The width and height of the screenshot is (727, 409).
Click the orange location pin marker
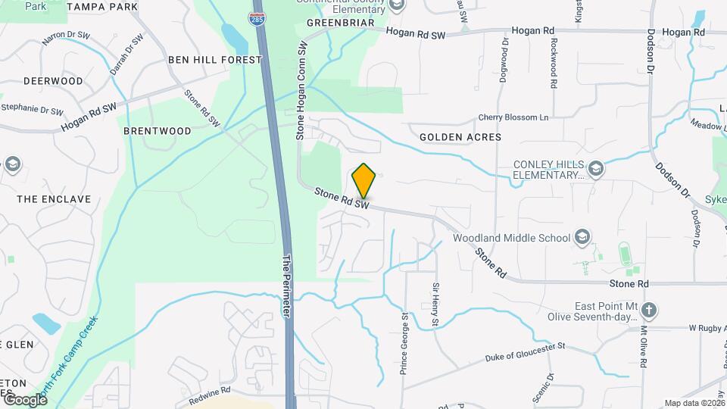364,181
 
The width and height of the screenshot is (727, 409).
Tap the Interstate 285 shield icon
257,19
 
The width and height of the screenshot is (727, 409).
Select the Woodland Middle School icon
582,238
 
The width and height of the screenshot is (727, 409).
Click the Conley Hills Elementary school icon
596,168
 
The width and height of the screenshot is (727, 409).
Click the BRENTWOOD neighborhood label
158,131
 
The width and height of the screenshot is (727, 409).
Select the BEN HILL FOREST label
215,60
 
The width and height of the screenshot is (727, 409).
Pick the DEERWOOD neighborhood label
53,81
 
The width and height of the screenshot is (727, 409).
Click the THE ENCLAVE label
54,199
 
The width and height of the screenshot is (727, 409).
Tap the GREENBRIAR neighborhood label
341,23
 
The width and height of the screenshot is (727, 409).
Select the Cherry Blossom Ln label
513,118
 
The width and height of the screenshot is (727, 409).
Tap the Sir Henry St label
435,305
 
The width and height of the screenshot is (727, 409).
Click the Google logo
25,400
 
